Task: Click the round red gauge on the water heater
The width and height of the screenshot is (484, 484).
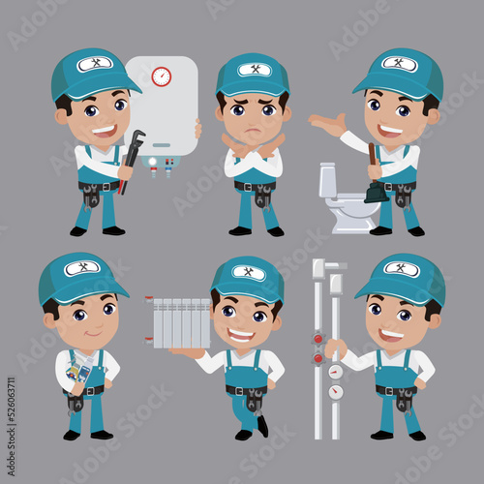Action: click(x=161, y=76)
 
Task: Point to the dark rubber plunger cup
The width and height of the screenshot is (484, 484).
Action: click(x=376, y=191)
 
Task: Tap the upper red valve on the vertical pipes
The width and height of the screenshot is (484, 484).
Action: click(x=317, y=340)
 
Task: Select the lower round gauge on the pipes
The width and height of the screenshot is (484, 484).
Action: click(x=336, y=391)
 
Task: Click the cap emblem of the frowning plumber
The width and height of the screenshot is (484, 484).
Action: click(x=252, y=69)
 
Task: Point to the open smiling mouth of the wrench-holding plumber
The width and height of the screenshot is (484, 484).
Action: click(x=104, y=130)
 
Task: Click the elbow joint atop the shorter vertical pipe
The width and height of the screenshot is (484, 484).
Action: click(x=335, y=279)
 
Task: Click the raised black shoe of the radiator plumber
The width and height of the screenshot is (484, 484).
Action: click(x=262, y=425)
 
